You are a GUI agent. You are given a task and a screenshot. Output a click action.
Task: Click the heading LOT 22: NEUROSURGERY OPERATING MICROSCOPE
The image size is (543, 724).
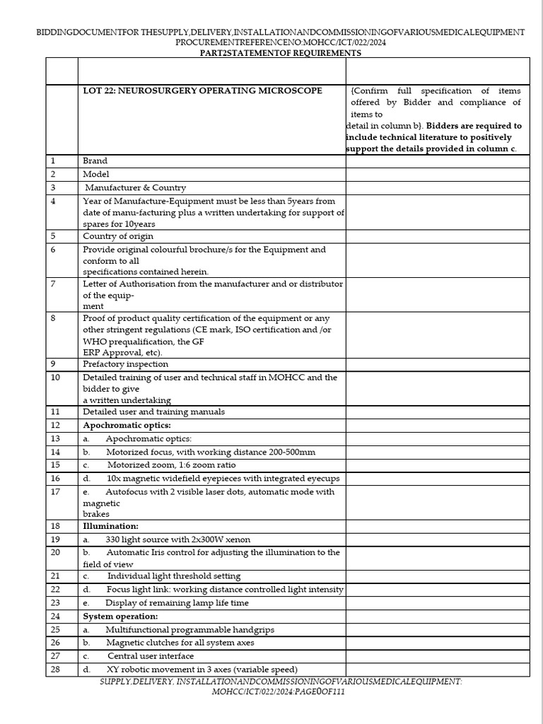[x=202, y=90]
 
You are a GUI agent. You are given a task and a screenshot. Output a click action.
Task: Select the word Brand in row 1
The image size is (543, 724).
[x=95, y=161]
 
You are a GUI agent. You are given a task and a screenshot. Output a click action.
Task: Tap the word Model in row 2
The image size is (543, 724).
[x=95, y=174]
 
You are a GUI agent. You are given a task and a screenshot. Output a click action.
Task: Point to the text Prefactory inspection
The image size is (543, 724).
[x=125, y=364]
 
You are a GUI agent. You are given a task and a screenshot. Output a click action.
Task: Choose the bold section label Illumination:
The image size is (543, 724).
[x=110, y=526]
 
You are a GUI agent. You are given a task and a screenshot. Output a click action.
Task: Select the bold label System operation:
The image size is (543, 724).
[x=120, y=616]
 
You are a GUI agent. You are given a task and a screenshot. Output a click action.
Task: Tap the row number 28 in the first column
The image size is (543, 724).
[x=56, y=670]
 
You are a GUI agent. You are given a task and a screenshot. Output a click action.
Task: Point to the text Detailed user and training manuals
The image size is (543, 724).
[x=153, y=411]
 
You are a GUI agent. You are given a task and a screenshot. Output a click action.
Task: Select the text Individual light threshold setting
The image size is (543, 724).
[x=173, y=576]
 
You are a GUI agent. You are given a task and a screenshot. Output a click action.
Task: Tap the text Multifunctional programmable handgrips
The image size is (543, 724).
[x=189, y=629]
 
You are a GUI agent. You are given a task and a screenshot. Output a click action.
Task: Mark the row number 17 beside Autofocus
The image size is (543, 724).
[x=56, y=491]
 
